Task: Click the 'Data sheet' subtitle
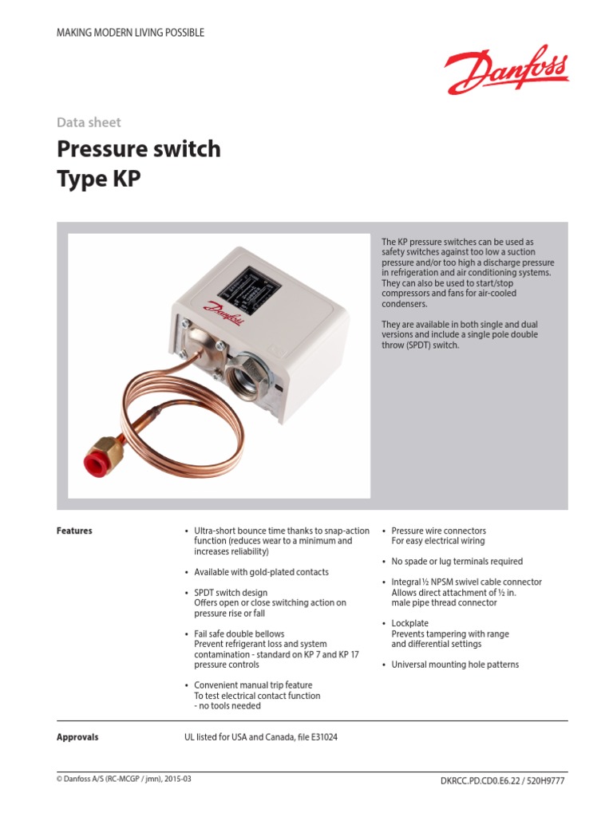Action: pyautogui.click(x=89, y=122)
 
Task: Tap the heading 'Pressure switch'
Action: pyautogui.click(x=138, y=149)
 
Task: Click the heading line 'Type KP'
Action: pyautogui.click(x=98, y=179)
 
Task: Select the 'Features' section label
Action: pyautogui.click(x=74, y=531)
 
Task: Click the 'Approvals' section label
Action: pyautogui.click(x=77, y=737)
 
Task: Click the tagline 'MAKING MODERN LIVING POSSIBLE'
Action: pyautogui.click(x=130, y=33)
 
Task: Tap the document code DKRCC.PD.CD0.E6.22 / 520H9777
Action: pyautogui.click(x=502, y=780)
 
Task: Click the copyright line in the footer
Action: pyautogui.click(x=124, y=780)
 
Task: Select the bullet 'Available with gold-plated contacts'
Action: pyautogui.click(x=261, y=572)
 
